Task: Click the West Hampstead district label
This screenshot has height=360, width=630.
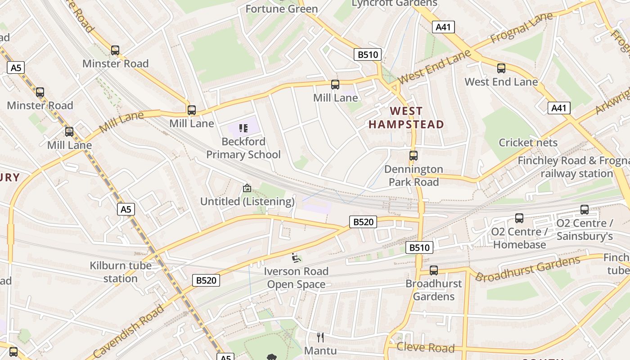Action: tap(406, 117)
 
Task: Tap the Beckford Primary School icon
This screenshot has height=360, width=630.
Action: tap(243, 128)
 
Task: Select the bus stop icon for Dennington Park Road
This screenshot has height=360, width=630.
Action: tap(414, 156)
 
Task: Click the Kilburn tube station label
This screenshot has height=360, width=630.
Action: tap(121, 272)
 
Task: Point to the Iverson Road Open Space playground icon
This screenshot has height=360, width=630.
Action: tap(296, 258)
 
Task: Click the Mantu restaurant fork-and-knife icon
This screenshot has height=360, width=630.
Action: tap(320, 337)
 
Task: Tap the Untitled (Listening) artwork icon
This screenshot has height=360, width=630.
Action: tap(247, 188)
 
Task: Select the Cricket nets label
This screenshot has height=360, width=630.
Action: tap(528, 143)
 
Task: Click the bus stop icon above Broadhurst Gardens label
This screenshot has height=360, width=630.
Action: tap(434, 270)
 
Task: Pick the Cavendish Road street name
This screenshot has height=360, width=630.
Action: tap(129, 331)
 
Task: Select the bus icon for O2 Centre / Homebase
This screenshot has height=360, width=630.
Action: tap(519, 218)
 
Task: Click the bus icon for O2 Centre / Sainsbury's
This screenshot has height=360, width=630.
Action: tap(585, 210)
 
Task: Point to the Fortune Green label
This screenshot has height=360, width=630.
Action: tap(282, 9)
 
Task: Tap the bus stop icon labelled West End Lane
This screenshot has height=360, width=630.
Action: tap(501, 68)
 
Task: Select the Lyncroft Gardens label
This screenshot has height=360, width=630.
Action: tap(394, 4)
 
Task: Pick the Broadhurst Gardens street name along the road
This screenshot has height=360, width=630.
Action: tap(527, 269)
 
